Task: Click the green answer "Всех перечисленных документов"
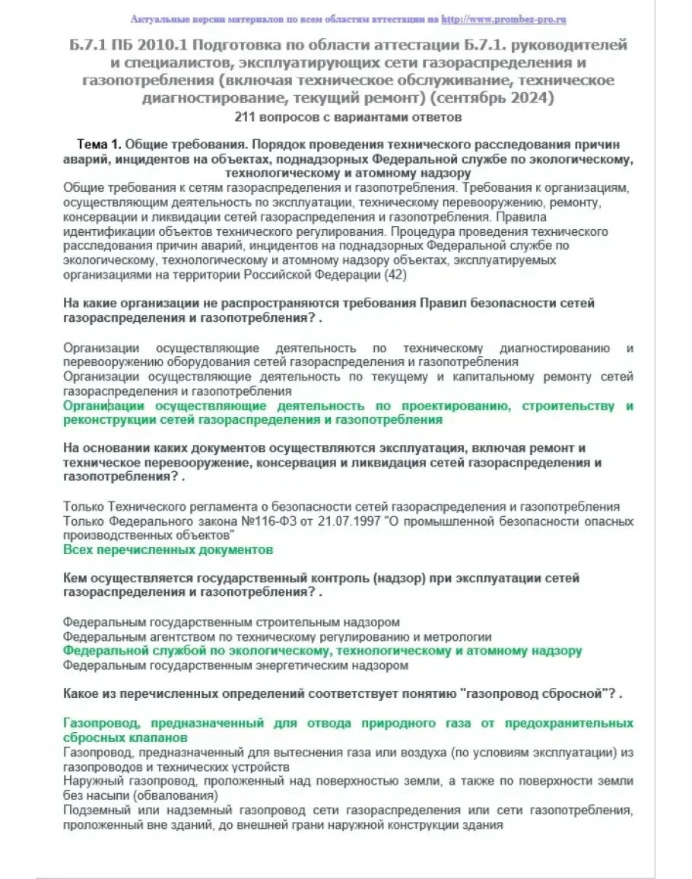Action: coord(168,549)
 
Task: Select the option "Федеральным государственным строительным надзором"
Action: coord(231,623)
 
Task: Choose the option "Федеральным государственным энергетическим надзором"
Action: coord(236,665)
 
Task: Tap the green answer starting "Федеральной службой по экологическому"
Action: coord(322,651)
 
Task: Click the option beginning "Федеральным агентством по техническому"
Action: coord(277,637)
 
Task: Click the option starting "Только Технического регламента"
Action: coord(341,507)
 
